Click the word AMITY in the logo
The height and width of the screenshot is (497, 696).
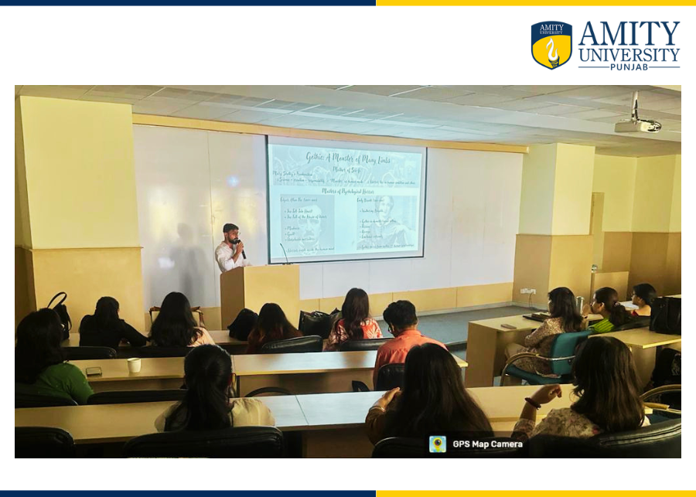click(x=629, y=34)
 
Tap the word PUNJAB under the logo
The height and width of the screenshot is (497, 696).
click(x=629, y=66)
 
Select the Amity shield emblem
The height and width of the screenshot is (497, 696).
click(x=551, y=45)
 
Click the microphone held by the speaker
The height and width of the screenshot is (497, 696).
click(x=241, y=250)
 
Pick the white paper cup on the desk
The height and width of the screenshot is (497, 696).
click(x=135, y=365)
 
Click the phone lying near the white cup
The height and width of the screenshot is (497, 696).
click(x=94, y=371)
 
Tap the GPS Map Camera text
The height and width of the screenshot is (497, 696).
click(x=487, y=444)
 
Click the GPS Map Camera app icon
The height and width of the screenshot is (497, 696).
click(x=438, y=444)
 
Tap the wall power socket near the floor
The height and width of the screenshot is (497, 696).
click(x=528, y=291)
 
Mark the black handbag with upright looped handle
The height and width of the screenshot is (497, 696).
click(x=59, y=311)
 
